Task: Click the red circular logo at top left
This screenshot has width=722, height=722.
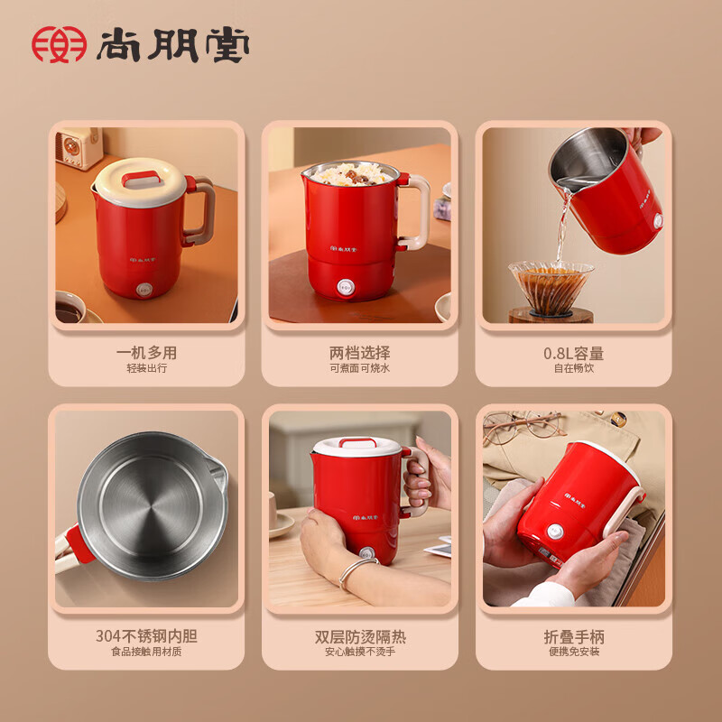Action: [59, 44]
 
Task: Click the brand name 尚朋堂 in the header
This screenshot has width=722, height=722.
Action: [172, 44]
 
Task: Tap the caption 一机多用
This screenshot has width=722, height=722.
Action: [146, 353]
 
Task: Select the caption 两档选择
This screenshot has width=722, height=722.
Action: [359, 353]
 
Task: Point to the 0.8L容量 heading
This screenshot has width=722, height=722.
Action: [573, 353]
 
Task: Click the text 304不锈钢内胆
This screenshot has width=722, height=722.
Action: [146, 636]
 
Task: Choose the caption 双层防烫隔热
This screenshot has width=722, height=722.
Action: [360, 636]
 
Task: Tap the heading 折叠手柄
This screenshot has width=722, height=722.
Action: [574, 637]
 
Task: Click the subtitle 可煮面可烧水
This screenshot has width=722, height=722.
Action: [359, 368]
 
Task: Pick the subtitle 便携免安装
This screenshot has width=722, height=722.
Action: [574, 651]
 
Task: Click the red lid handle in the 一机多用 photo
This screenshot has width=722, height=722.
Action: [141, 177]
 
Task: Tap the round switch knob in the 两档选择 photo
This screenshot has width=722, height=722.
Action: [346, 287]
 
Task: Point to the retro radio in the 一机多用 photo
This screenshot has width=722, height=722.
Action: [79, 146]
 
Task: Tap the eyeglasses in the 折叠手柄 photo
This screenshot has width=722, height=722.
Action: [524, 426]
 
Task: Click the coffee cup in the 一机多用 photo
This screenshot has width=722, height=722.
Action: [70, 307]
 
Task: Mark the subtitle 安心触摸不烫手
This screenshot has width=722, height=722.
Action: [359, 651]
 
